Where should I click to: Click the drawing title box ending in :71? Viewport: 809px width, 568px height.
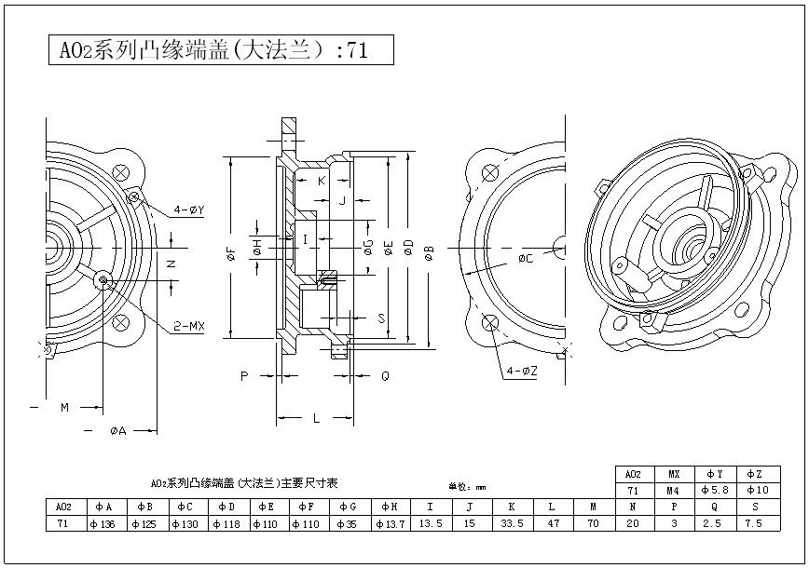tap(220, 50)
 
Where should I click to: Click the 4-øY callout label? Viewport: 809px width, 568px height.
tap(187, 210)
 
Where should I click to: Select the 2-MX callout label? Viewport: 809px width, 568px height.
tap(188, 326)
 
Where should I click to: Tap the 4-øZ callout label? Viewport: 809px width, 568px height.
tap(522, 371)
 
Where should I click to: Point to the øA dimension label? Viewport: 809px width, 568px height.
tap(118, 430)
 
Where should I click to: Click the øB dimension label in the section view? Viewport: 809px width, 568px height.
tap(429, 251)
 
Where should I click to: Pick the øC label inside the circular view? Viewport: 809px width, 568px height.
tap(526, 258)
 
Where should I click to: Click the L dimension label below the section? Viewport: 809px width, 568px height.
tap(317, 418)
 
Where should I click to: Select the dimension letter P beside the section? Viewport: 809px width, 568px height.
tap(244, 376)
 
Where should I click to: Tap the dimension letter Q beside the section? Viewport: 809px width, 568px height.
tap(385, 376)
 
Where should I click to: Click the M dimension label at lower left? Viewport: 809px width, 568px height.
tap(65, 407)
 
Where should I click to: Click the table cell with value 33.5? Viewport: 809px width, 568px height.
tap(510, 523)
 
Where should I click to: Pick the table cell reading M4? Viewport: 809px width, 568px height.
tap(673, 490)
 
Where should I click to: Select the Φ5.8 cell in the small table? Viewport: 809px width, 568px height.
tap(714, 490)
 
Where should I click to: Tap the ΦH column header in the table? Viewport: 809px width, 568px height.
tap(389, 507)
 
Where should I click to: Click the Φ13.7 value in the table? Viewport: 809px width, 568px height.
tap(389, 523)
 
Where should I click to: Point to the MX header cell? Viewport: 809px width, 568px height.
tap(673, 474)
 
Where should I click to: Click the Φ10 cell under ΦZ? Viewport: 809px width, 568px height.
tap(757, 490)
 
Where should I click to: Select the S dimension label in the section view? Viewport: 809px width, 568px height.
tap(381, 318)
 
